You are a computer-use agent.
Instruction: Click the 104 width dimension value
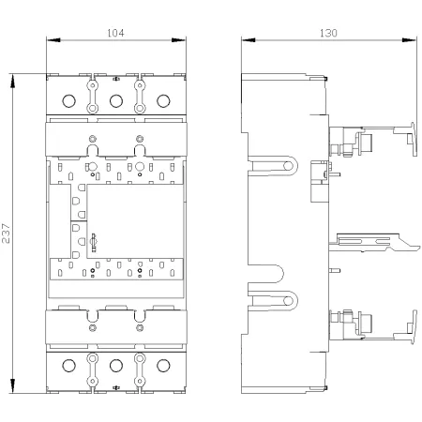(115, 33)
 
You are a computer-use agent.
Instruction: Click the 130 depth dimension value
(328, 33)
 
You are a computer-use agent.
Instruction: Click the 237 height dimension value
(6, 234)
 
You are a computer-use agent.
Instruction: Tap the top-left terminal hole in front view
(68, 101)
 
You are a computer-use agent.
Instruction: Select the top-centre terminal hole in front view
(116, 101)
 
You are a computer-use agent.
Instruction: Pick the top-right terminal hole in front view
(163, 101)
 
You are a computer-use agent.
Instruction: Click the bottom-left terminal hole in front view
(68, 366)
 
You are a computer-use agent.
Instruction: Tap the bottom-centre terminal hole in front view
(116, 366)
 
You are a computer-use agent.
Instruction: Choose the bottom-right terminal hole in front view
(163, 366)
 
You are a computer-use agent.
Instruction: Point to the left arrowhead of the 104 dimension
(53, 40)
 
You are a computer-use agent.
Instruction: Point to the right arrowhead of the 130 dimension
(409, 40)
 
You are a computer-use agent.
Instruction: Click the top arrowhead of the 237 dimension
(12, 81)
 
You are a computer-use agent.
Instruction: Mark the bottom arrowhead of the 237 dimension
(12, 386)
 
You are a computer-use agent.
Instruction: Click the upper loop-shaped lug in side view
(273, 166)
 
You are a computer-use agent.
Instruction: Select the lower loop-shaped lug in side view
(273, 301)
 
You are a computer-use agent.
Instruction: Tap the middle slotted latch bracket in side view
(375, 243)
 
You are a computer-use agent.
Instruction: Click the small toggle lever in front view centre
(93, 242)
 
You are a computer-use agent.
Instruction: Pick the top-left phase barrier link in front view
(93, 97)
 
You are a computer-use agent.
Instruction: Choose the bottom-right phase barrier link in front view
(140, 369)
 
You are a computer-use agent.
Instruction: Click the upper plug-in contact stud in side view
(367, 143)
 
